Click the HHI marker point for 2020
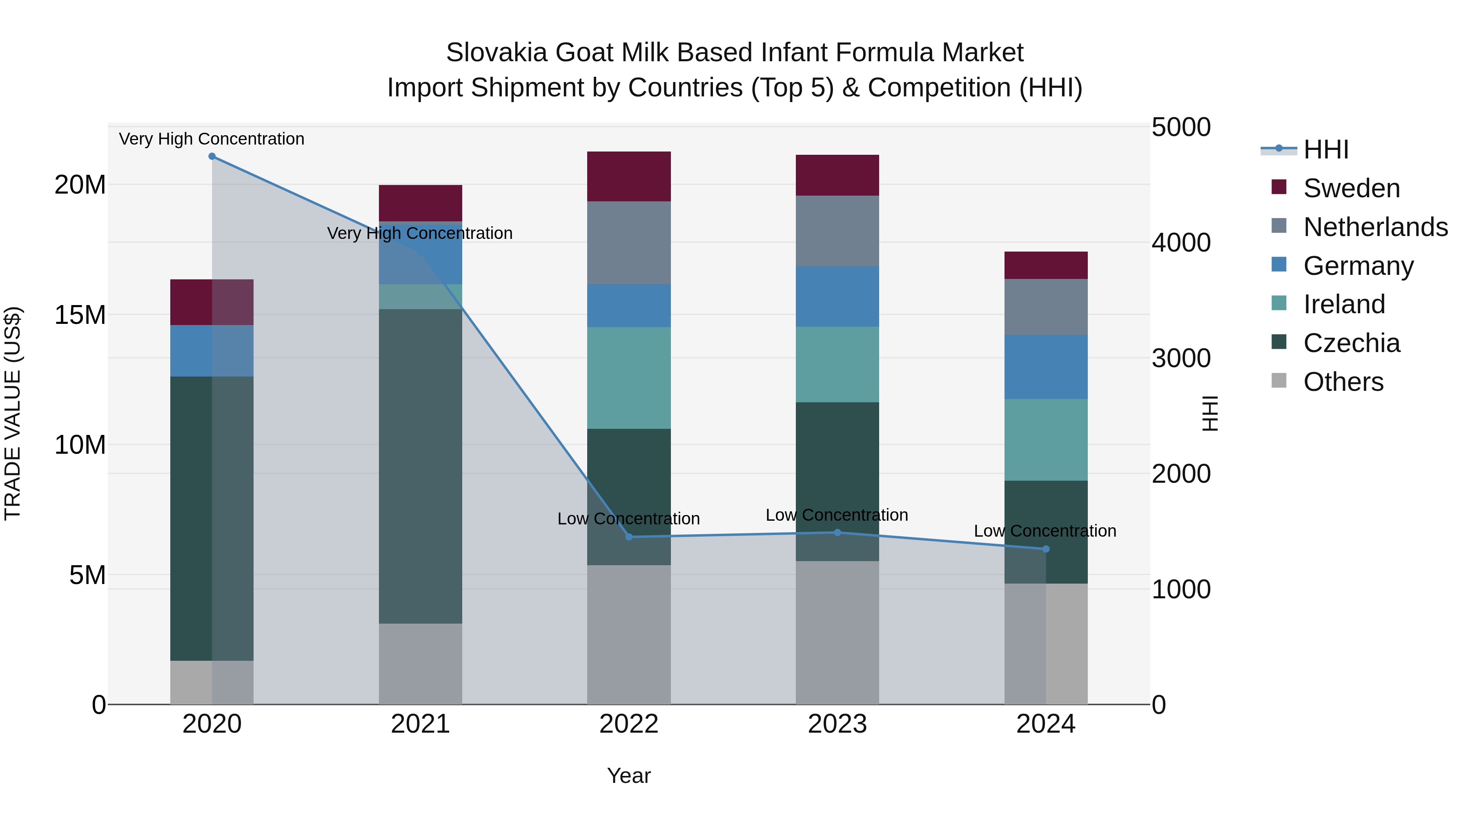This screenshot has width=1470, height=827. click(212, 156)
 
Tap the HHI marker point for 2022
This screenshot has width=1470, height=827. click(629, 537)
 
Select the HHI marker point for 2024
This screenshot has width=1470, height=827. click(1046, 549)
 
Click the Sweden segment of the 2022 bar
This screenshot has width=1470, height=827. click(629, 176)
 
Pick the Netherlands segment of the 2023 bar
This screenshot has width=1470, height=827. click(837, 231)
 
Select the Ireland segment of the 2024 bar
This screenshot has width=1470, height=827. click(1046, 440)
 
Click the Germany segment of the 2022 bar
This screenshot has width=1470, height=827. click(629, 306)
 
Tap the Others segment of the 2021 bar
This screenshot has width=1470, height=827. click(421, 664)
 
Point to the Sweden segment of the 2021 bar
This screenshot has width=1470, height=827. click(421, 203)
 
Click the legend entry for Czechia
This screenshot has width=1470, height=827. click(1351, 343)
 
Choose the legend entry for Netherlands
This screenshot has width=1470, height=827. click(1375, 227)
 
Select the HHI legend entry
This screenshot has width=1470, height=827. click(1325, 149)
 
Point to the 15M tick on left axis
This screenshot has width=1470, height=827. click(80, 315)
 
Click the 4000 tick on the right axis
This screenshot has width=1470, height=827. click(1180, 243)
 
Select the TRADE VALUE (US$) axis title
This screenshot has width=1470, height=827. click(13, 413)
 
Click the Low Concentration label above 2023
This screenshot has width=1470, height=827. click(837, 515)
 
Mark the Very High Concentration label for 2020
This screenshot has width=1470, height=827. click(212, 139)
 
